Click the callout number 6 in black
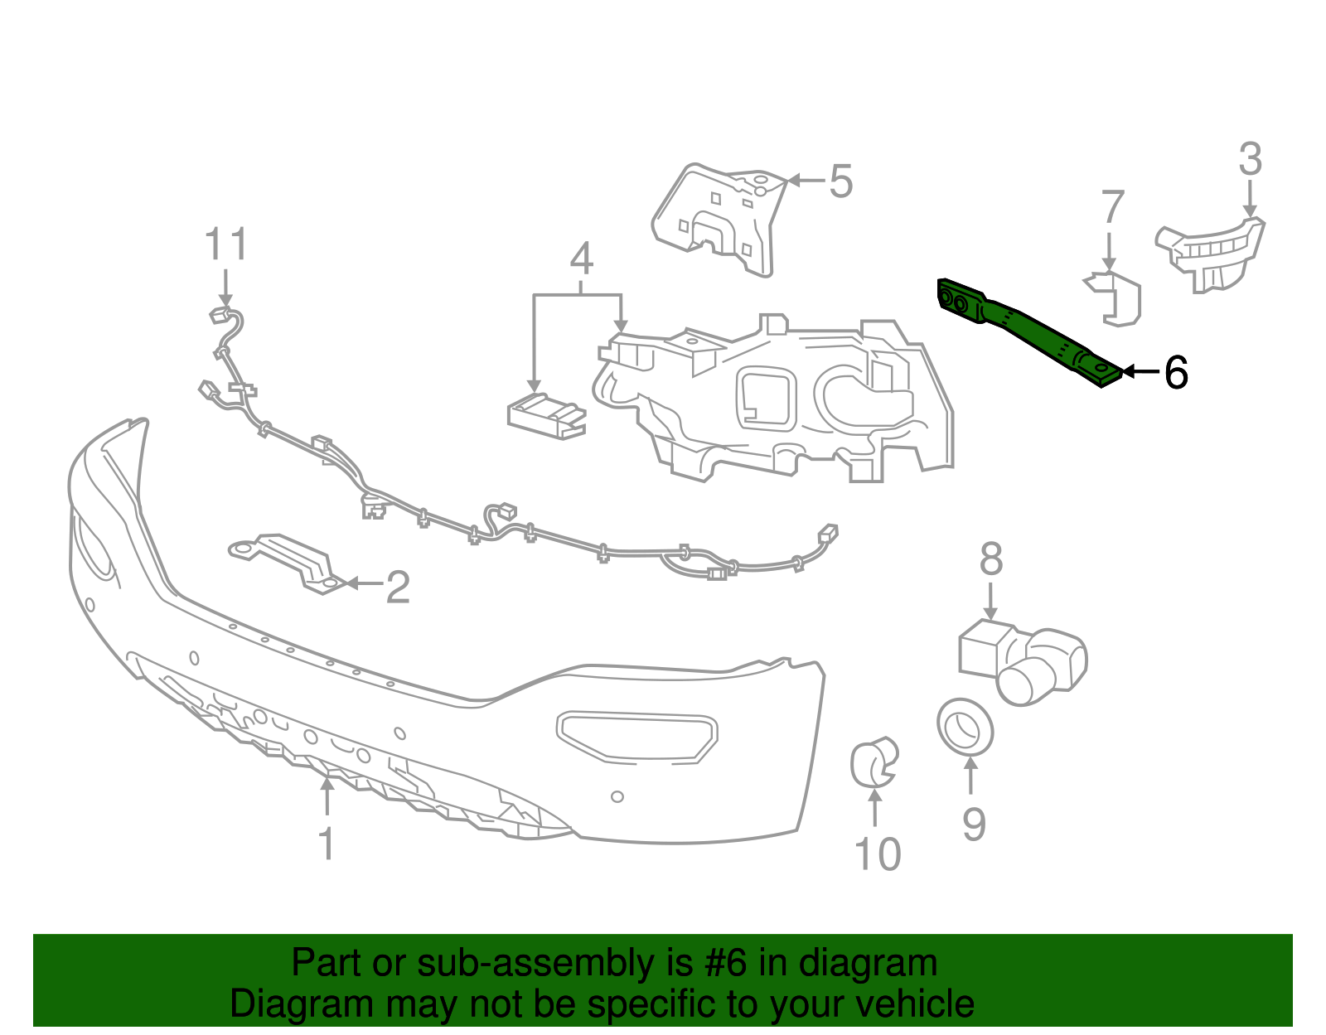pyautogui.click(x=1176, y=373)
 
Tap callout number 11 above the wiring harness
pyautogui.click(x=225, y=245)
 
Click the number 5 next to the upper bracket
pyautogui.click(x=840, y=181)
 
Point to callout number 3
pyautogui.click(x=1250, y=159)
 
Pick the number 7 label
pyautogui.click(x=1112, y=207)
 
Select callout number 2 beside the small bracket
pyautogui.click(x=398, y=587)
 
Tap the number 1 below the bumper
pyautogui.click(x=327, y=844)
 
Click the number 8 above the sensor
pyautogui.click(x=991, y=559)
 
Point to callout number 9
pyautogui.click(x=974, y=825)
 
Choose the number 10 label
pyautogui.click(x=877, y=854)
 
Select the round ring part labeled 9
pyautogui.click(x=965, y=726)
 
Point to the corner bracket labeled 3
pyautogui.click(x=1212, y=252)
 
